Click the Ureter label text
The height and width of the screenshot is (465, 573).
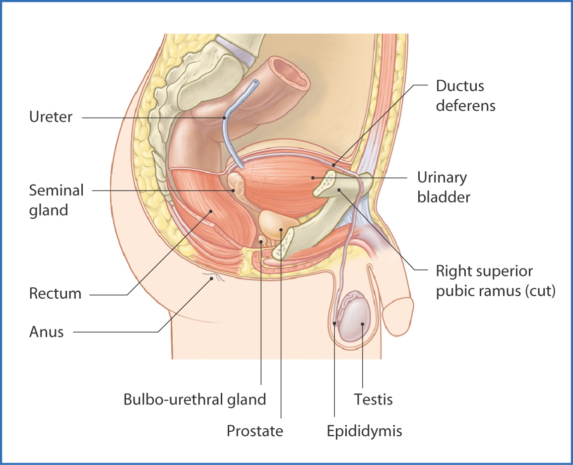click(51, 118)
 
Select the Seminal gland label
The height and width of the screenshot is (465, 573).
click(56, 200)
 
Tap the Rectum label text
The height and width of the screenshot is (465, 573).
click(55, 293)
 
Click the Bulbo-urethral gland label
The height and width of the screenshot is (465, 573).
click(194, 399)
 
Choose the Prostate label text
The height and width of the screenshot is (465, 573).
click(255, 430)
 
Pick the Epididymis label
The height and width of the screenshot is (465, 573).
click(364, 430)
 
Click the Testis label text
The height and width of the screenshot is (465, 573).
click(373, 399)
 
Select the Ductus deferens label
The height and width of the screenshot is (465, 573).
click(465, 96)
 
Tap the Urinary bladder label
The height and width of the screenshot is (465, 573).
click(443, 187)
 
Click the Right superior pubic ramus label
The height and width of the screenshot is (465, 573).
click(495, 281)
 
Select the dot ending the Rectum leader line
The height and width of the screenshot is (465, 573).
click(211, 211)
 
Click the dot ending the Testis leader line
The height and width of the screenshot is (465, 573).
click(363, 324)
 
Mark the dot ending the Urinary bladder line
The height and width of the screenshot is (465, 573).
click(313, 177)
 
